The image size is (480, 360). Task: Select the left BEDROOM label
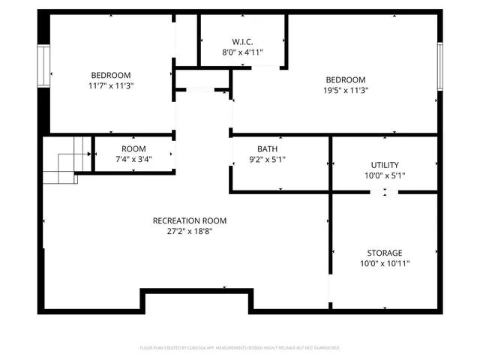[x=111, y=75]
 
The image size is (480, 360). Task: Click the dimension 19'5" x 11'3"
[x=345, y=90]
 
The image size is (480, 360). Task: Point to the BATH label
[x=267, y=148]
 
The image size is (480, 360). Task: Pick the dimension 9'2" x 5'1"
[x=267, y=160]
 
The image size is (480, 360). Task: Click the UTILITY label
[x=385, y=165]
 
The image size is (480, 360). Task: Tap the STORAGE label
[x=385, y=253]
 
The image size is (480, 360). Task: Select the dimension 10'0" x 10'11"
[x=385, y=264]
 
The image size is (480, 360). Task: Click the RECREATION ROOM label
[x=189, y=220]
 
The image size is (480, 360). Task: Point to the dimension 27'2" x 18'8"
[x=189, y=232]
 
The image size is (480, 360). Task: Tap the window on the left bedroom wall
[x=43, y=66]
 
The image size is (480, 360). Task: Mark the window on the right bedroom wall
[x=441, y=66]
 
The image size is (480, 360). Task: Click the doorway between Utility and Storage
[x=385, y=193]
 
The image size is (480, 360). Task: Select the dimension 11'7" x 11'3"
[x=111, y=86]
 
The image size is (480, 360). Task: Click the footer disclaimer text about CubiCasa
[x=240, y=348]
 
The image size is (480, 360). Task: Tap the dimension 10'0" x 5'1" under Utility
[x=385, y=176]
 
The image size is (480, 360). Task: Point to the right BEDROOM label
[x=345, y=79]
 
